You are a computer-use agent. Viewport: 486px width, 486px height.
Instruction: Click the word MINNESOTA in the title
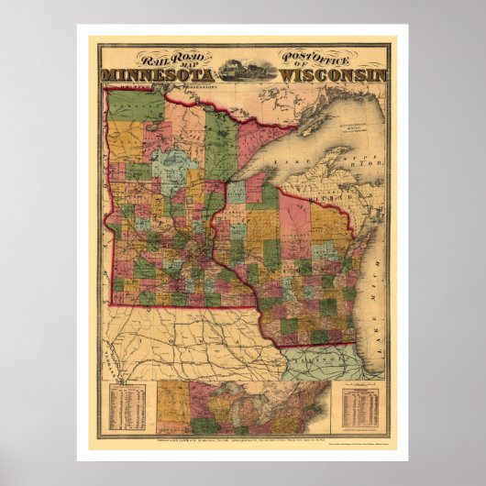(158, 74)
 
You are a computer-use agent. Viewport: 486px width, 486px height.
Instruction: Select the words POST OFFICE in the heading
(322, 57)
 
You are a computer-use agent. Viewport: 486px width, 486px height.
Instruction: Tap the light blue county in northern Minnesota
(170, 165)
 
